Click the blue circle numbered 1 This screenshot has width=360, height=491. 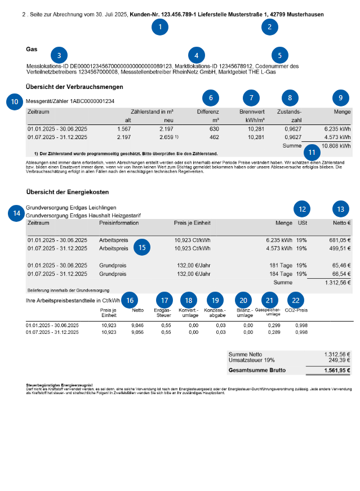(160, 26)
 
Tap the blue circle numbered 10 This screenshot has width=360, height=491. (15, 101)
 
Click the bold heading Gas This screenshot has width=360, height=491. (32, 49)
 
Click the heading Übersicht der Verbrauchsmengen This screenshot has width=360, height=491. (74, 87)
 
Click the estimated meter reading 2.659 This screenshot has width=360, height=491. (167, 137)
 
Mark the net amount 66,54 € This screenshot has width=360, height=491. (340, 274)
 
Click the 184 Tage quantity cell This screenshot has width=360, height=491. (280, 274)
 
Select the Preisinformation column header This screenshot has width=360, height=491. (116, 223)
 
